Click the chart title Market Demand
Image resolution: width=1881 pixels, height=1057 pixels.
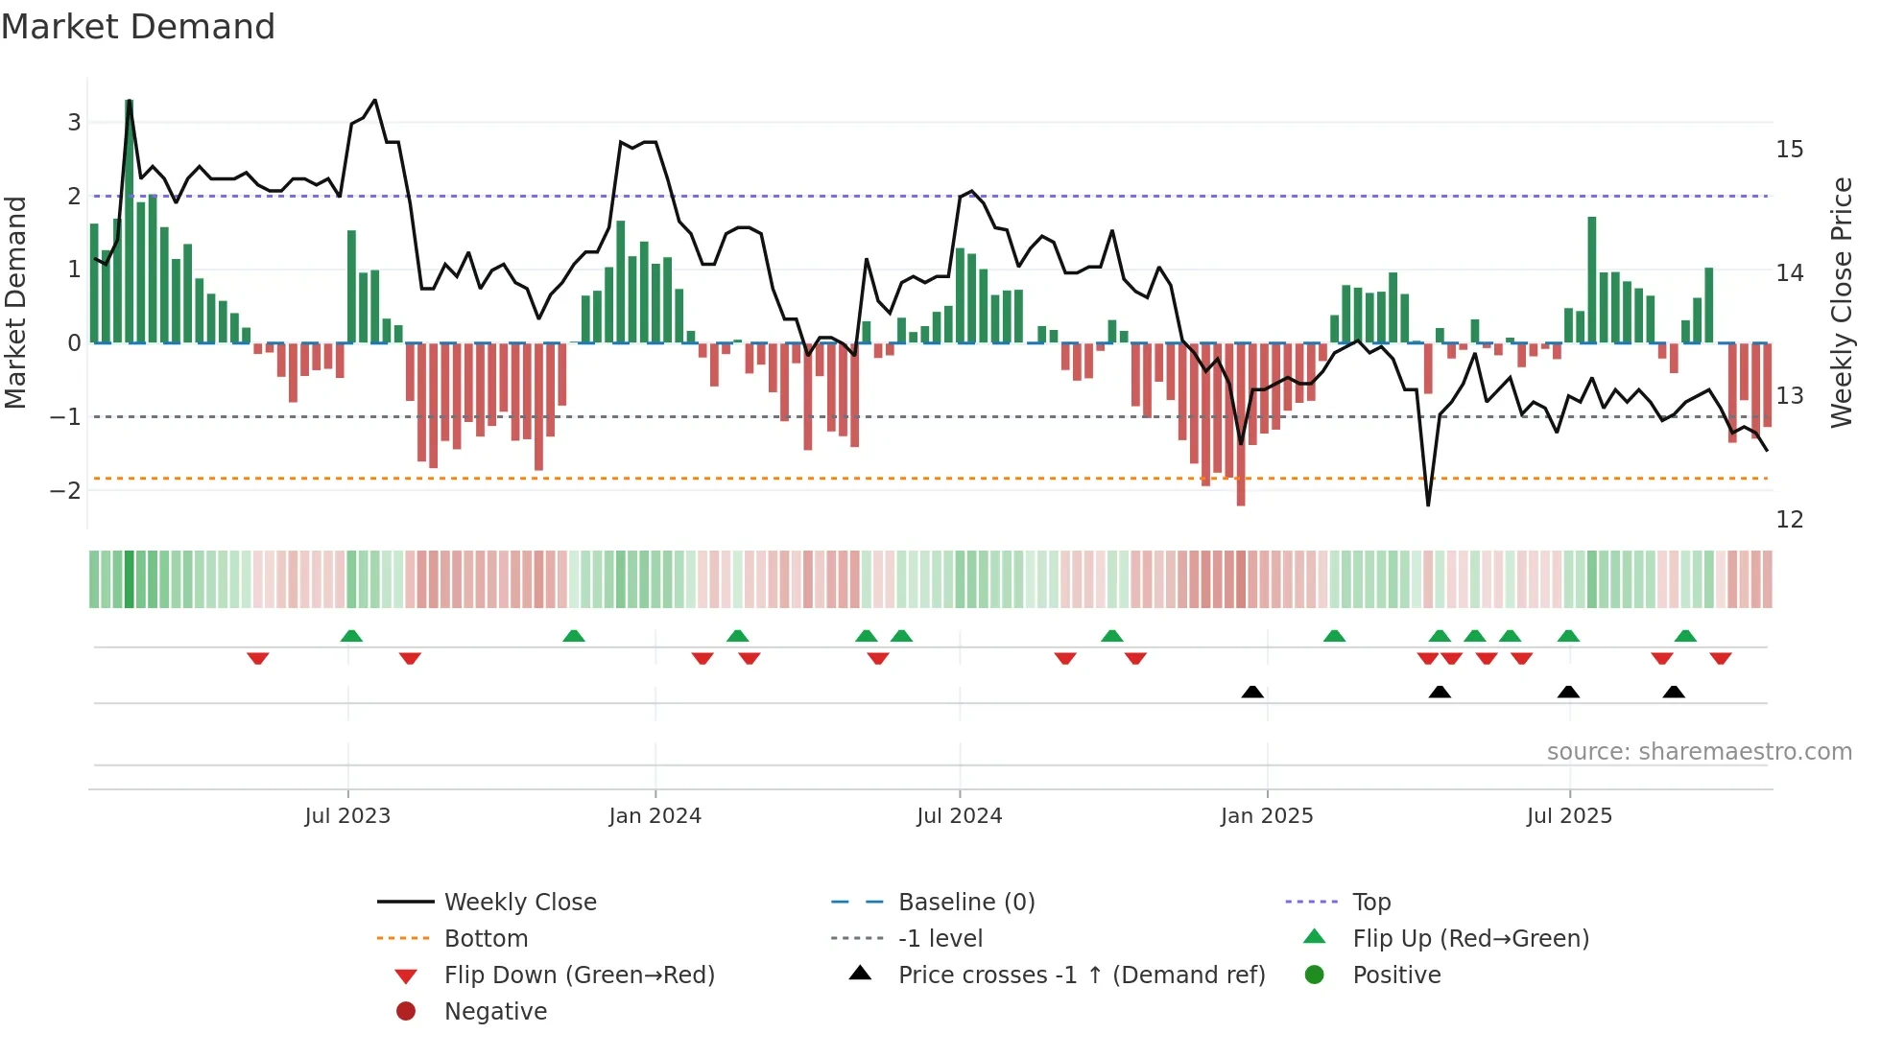(x=138, y=27)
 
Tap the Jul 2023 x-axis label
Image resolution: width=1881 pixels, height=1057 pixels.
(x=347, y=816)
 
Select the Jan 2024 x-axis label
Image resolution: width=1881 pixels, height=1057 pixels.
(x=655, y=816)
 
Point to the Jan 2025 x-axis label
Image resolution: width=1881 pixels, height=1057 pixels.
(x=1266, y=816)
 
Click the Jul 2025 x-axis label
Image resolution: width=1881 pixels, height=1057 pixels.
(x=1569, y=816)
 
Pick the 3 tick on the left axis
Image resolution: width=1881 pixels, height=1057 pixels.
(x=74, y=123)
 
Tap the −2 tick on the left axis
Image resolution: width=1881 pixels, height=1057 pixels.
(x=66, y=491)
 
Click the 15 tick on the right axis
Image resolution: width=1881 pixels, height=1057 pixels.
(x=1789, y=150)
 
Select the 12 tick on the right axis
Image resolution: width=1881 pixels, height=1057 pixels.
(x=1789, y=520)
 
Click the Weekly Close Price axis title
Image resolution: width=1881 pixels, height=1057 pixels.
(x=1841, y=302)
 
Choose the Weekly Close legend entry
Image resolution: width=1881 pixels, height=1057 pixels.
(x=519, y=903)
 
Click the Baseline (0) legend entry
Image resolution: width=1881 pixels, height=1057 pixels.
(x=965, y=903)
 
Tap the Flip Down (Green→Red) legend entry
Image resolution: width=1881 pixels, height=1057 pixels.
(x=579, y=975)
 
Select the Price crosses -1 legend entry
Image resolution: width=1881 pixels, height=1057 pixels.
(x=1081, y=975)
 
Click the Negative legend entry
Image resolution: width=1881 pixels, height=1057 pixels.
(x=495, y=1012)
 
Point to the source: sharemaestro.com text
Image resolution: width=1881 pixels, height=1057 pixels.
(x=1699, y=752)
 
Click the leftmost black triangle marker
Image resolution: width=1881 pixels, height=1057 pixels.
(x=1252, y=693)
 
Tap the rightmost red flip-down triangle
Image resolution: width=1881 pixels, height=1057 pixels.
(x=1720, y=659)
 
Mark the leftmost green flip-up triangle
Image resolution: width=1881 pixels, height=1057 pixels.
(x=351, y=636)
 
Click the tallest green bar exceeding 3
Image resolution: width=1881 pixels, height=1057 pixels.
(x=130, y=221)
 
